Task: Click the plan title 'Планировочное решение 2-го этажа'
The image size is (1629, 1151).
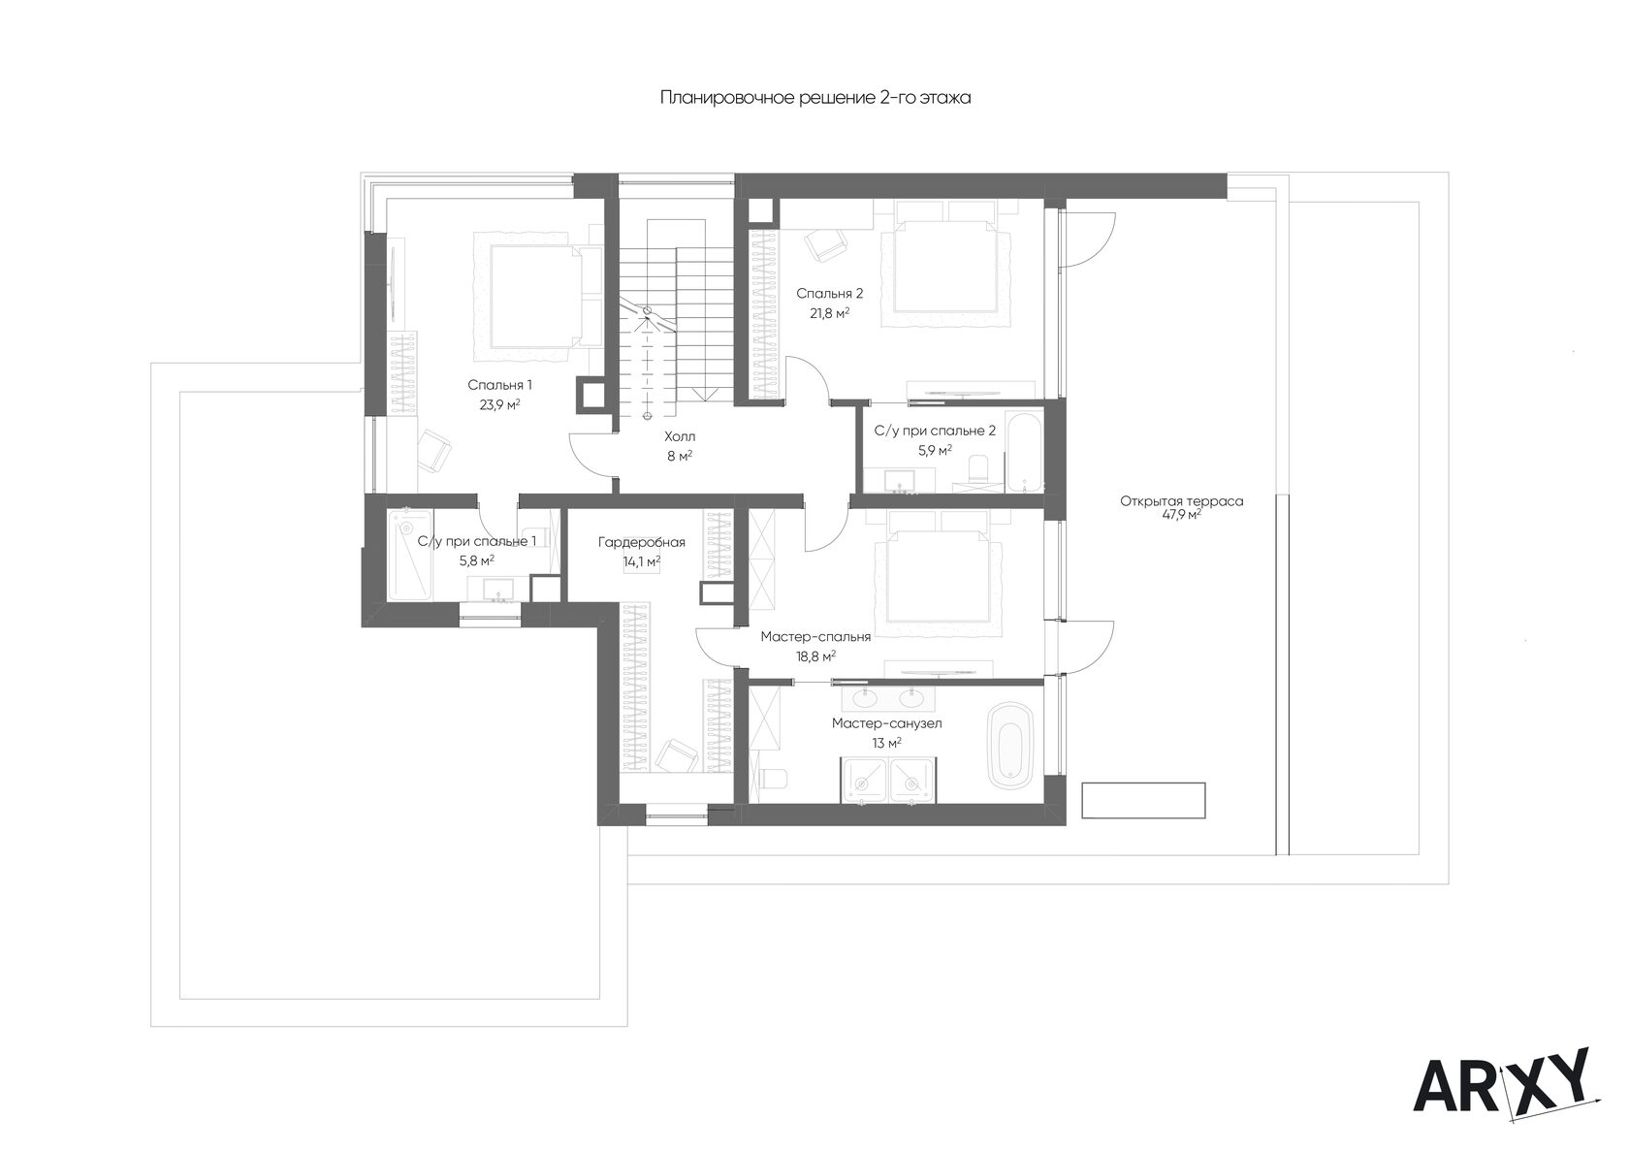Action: click(815, 97)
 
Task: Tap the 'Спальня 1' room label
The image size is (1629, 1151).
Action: click(499, 385)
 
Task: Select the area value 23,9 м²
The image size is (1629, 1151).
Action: click(499, 405)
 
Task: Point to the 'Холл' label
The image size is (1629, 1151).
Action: click(679, 436)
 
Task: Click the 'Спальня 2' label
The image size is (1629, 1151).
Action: click(829, 293)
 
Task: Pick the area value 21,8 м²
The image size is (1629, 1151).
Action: click(830, 313)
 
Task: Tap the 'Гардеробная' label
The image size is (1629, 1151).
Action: click(642, 542)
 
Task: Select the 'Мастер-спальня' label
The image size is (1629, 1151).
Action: click(815, 637)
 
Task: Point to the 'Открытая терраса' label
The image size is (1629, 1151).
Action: click(1181, 501)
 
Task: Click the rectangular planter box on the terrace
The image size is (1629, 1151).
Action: click(1143, 800)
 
